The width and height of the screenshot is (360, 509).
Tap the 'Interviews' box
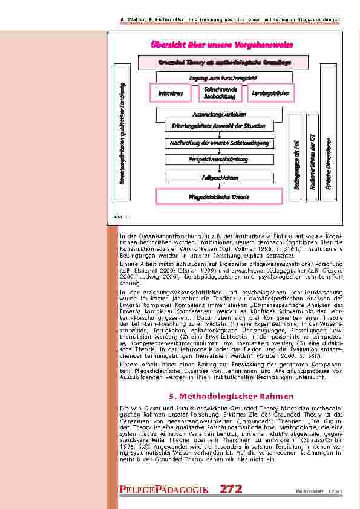[x=170, y=92]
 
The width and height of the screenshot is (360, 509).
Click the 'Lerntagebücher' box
[x=266, y=92]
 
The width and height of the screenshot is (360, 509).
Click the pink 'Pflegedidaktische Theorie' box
[x=219, y=196]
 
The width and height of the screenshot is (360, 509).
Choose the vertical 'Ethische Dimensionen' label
[x=329, y=158]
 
